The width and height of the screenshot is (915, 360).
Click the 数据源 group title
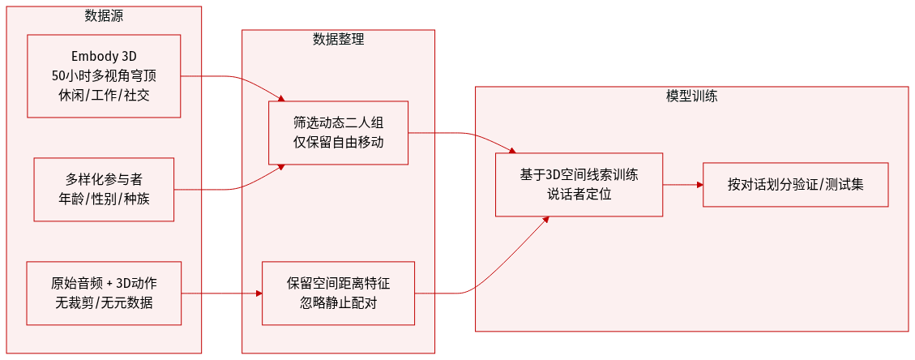tap(104, 15)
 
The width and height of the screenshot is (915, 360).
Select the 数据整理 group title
tap(338, 38)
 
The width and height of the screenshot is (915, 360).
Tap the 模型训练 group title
tap(691, 95)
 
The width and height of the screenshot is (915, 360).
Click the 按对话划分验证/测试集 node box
tap(795, 184)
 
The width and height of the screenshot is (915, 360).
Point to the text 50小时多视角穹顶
tap(104, 76)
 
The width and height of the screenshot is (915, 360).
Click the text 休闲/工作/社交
tap(104, 95)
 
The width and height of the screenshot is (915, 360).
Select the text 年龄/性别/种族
tap(104, 199)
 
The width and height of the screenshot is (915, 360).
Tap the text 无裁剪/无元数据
tap(104, 302)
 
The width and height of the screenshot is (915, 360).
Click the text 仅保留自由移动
tap(338, 142)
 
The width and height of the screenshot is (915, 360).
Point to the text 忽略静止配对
tap(338, 302)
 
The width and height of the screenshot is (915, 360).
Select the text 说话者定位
tap(579, 194)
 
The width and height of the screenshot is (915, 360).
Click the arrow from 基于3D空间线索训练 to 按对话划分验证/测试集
tap(682, 185)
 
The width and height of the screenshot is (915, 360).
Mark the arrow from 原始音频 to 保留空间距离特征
tap(221, 293)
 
